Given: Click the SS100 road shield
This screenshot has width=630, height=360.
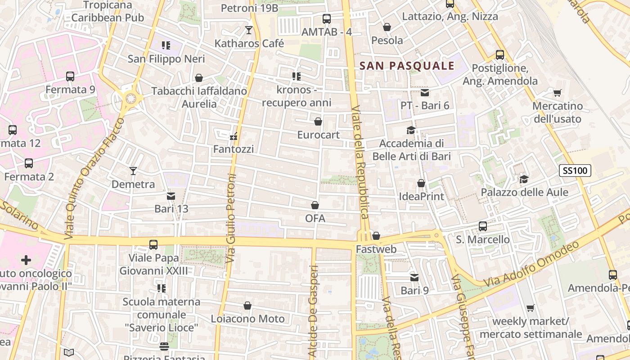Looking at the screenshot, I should [575, 171].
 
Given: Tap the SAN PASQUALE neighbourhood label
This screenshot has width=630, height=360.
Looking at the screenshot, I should [407, 66].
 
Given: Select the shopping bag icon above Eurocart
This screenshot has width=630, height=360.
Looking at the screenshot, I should [318, 121].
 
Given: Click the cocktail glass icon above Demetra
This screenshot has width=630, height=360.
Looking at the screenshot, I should [133, 171].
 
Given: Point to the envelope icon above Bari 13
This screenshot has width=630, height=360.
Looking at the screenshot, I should [171, 196].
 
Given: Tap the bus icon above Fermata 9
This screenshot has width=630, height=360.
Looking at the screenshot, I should [70, 76].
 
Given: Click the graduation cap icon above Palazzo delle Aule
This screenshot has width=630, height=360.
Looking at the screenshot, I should [524, 179].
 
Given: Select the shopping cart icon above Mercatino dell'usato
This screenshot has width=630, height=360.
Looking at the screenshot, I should [557, 93].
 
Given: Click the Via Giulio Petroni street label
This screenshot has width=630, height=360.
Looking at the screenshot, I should [231, 218].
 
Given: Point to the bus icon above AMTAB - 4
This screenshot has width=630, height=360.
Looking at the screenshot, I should [327, 19].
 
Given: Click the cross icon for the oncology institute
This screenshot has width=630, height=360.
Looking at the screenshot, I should [26, 260].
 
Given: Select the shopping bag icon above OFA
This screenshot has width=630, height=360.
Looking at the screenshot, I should [315, 205].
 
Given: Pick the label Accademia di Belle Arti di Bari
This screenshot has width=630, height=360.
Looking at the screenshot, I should [411, 150].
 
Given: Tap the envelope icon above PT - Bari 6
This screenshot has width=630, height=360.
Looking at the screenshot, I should [425, 93].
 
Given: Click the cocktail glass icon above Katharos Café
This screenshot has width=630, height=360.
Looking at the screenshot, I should [248, 30].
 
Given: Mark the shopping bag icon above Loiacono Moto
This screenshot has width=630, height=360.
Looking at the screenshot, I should [247, 306].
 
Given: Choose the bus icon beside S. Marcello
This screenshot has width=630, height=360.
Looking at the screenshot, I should [483, 226].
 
